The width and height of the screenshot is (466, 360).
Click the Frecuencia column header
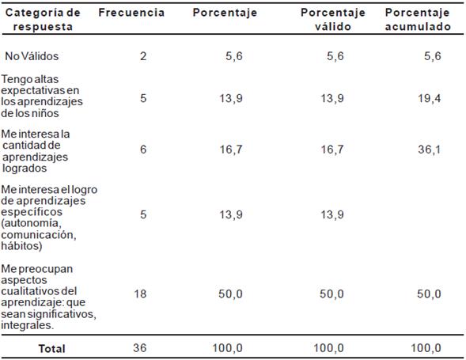point(131,13)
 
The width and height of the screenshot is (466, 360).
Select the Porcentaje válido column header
point(333,20)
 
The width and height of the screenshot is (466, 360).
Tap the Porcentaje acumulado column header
point(418,20)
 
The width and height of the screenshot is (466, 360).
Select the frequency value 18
point(140,294)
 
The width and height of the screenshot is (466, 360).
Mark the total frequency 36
point(140,347)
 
